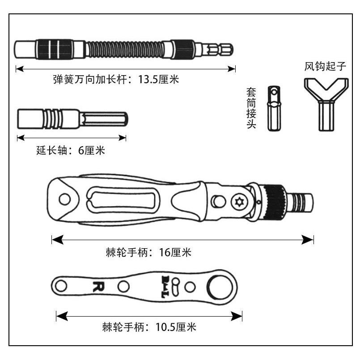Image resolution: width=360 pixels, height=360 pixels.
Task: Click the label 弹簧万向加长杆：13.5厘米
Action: click(116, 80)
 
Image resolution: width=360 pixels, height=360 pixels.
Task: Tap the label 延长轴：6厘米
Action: click(70, 150)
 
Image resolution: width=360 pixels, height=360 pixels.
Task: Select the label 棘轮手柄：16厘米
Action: click(147, 252)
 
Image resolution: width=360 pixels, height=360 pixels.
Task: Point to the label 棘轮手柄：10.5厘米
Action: click(149, 327)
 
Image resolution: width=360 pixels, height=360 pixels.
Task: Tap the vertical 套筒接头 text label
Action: click(251, 109)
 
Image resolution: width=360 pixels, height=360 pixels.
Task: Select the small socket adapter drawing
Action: click(272, 109)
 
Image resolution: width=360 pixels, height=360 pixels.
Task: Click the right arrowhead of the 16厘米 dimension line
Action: click(308, 240)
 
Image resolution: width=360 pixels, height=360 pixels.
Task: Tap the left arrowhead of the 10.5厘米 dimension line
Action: click(62, 316)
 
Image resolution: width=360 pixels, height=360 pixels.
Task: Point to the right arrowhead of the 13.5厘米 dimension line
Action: click(231, 68)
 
